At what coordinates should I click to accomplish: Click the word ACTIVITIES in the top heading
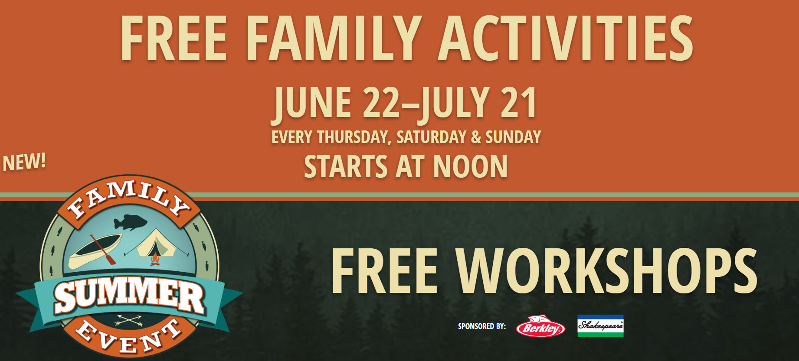(x=566, y=38)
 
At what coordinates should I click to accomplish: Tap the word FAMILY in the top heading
(x=334, y=38)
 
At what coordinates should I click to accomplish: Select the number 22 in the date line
(x=382, y=103)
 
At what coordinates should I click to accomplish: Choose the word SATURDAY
(x=431, y=137)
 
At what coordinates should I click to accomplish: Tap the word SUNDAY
(x=513, y=137)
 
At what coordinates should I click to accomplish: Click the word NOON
(x=470, y=167)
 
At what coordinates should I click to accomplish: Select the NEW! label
(x=24, y=162)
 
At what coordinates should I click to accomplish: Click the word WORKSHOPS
(x=607, y=271)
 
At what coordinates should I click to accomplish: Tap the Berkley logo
(x=540, y=327)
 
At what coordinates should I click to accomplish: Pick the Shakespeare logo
(x=600, y=326)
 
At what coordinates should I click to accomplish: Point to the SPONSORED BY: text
(x=482, y=326)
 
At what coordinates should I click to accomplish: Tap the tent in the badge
(x=156, y=244)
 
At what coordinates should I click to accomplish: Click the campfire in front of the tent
(x=154, y=260)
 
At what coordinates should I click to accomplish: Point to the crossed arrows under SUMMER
(x=129, y=321)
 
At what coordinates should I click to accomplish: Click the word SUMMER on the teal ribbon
(x=129, y=296)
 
